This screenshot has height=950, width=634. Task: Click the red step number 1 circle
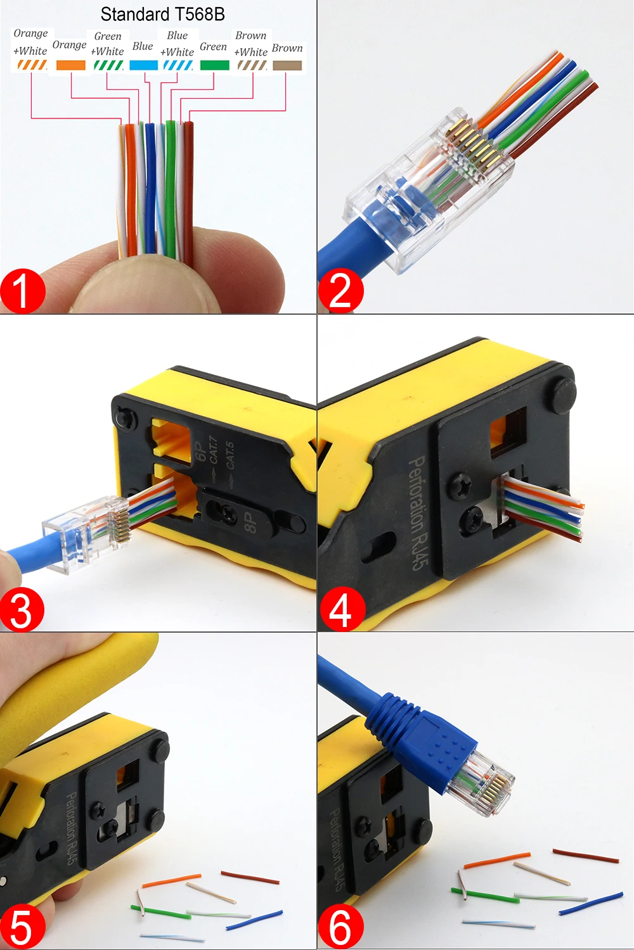click(22, 291)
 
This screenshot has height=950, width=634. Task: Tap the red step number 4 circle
click(342, 609)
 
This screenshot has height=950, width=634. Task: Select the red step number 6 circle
click(340, 927)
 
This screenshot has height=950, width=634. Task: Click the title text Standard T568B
click(162, 15)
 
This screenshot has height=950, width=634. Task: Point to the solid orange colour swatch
click(71, 65)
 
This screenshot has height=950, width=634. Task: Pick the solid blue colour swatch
click(143, 65)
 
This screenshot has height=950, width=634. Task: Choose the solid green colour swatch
click(214, 65)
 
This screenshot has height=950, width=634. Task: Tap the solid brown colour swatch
click(287, 65)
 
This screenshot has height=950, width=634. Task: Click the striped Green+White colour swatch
click(108, 65)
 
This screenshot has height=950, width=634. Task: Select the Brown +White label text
click(251, 44)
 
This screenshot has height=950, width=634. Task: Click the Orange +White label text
click(30, 42)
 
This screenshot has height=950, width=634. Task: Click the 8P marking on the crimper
click(250, 522)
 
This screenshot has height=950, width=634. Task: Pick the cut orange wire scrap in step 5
click(172, 882)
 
